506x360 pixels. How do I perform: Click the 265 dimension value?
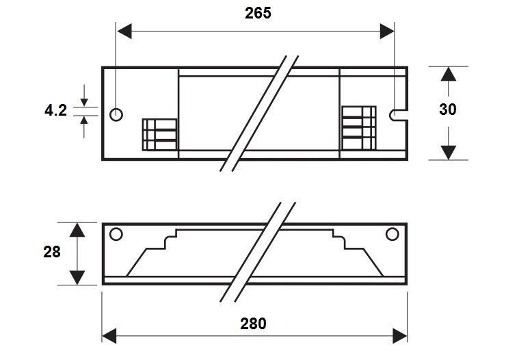click(258, 13)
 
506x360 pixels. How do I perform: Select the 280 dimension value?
click(253, 324)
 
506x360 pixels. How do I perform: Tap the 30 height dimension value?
click(448, 109)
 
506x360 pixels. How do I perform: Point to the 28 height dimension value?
click(52, 252)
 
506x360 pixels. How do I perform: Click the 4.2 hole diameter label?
click(55, 110)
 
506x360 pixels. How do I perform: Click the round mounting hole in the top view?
click(116, 114)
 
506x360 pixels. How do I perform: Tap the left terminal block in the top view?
click(160, 135)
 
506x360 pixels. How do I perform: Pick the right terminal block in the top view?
click(359, 128)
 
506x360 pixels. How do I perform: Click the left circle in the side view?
click(116, 234)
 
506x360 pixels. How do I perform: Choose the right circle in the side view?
click(392, 234)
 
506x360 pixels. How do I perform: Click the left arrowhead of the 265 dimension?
click(124, 31)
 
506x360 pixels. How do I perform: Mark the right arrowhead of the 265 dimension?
click(387, 31)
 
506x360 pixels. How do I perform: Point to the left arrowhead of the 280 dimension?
click(109, 336)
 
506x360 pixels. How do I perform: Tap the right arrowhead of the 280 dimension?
click(400, 336)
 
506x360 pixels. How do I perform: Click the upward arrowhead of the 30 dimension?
click(449, 74)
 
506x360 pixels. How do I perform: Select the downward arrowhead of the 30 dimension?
click(449, 153)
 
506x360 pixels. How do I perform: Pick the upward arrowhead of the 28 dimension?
click(77, 230)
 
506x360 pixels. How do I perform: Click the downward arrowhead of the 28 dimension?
click(77, 278)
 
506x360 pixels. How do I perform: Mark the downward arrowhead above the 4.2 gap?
click(84, 103)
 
